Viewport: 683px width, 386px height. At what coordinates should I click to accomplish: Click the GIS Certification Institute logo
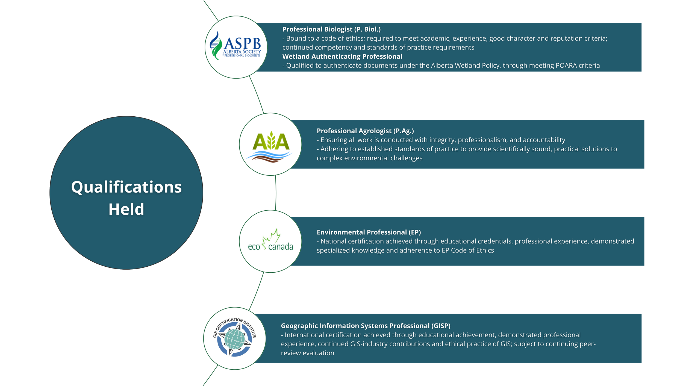(234, 338)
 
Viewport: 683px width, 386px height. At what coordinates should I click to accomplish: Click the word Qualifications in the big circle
(126, 187)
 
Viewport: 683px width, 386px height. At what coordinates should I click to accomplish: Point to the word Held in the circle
(126, 209)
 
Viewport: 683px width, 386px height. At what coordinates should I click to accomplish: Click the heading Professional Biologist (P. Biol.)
(331, 29)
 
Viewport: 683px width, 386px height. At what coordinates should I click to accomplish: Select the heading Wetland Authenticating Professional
(342, 57)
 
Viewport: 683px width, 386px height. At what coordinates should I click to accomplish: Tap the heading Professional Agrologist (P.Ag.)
(365, 131)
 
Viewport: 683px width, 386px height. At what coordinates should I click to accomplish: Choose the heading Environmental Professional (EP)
(369, 232)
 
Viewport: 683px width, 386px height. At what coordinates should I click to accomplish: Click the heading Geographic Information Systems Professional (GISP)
(366, 326)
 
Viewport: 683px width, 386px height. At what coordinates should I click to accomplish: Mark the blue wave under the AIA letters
(269, 155)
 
